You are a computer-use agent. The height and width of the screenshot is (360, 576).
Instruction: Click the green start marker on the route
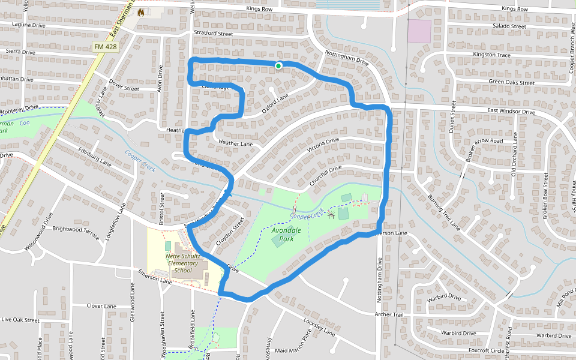[278, 65]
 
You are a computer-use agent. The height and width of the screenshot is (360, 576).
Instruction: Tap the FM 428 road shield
[106, 47]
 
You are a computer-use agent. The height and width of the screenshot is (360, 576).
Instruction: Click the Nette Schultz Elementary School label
[182, 263]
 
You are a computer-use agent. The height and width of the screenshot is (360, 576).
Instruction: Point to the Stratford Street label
[213, 34]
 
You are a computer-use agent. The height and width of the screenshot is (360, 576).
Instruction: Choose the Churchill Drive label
[326, 173]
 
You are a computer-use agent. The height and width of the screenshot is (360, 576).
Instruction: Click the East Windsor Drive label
[511, 112]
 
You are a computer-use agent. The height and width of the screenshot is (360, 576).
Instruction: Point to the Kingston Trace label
[491, 55]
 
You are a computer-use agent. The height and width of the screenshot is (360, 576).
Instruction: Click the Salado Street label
[509, 26]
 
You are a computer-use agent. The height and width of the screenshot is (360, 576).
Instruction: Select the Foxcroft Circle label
[487, 350]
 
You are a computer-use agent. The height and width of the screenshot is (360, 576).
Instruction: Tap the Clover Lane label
[101, 306]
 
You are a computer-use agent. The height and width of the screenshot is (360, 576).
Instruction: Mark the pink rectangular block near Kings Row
[419, 31]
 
